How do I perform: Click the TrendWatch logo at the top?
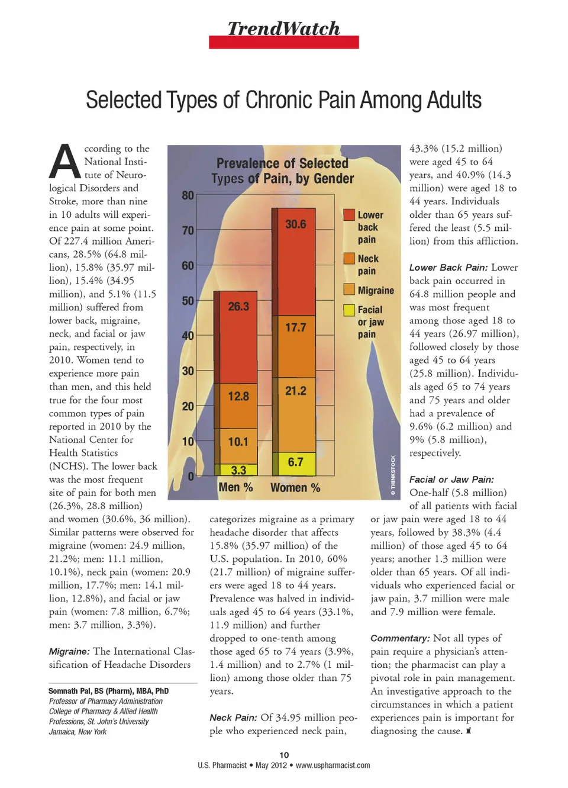click(x=283, y=29)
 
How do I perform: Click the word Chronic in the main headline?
click(x=288, y=100)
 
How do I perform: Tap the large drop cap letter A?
click(x=64, y=162)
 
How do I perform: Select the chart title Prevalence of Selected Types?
click(x=283, y=171)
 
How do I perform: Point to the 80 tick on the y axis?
click(x=188, y=195)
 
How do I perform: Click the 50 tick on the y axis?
click(x=188, y=301)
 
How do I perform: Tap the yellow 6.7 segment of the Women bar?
click(x=295, y=462)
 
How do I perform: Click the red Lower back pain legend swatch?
click(x=349, y=215)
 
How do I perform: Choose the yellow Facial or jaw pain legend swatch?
click(x=349, y=310)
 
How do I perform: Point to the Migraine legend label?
click(x=376, y=291)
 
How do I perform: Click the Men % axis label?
click(x=235, y=487)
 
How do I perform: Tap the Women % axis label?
click(x=295, y=488)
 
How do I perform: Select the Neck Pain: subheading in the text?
click(x=233, y=718)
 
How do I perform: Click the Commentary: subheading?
click(x=400, y=638)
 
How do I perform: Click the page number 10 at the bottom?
click(x=284, y=755)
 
